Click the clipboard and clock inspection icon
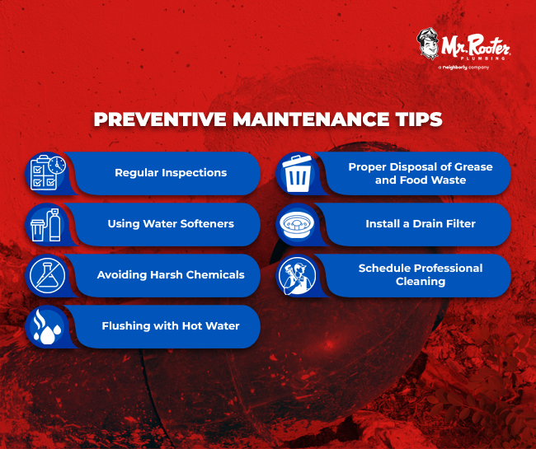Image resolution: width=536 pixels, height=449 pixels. pos(45,173)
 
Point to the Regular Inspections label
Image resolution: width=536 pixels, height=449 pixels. pos(170,173)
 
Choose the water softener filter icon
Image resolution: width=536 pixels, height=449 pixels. pos(45,223)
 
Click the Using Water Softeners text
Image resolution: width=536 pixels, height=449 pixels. pos(171,223)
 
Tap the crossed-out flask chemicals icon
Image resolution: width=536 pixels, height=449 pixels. pos(45,274)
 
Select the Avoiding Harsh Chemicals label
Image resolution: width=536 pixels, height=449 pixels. pos(171,274)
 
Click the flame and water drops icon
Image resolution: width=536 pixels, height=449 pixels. pos(45,325)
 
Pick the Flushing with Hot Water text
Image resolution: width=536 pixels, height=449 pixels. pos(171,325)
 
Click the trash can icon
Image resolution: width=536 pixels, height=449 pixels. pos(296,173)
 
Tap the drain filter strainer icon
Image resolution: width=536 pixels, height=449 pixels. pos(296,223)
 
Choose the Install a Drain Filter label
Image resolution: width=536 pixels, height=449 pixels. pos(421,223)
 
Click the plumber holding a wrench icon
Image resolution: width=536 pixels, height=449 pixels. pos(296,274)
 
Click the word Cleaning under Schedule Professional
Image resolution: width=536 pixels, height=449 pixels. pos(420,281)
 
